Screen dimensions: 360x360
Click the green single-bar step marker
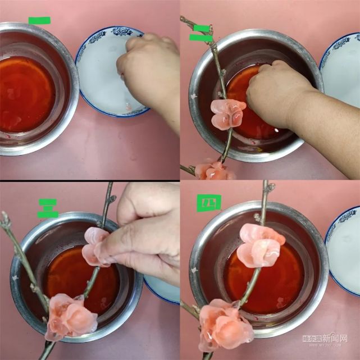click(x=39, y=21)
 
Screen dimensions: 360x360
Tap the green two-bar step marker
click(x=201, y=33)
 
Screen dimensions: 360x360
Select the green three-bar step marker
click(x=48, y=208)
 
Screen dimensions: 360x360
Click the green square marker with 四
click(x=208, y=202)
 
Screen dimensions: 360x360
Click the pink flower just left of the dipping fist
click(x=227, y=113)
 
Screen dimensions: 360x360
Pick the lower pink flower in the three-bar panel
click(x=70, y=316)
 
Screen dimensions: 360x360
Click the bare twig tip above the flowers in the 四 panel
click(x=266, y=194)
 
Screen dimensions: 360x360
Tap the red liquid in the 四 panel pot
click(x=281, y=281)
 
